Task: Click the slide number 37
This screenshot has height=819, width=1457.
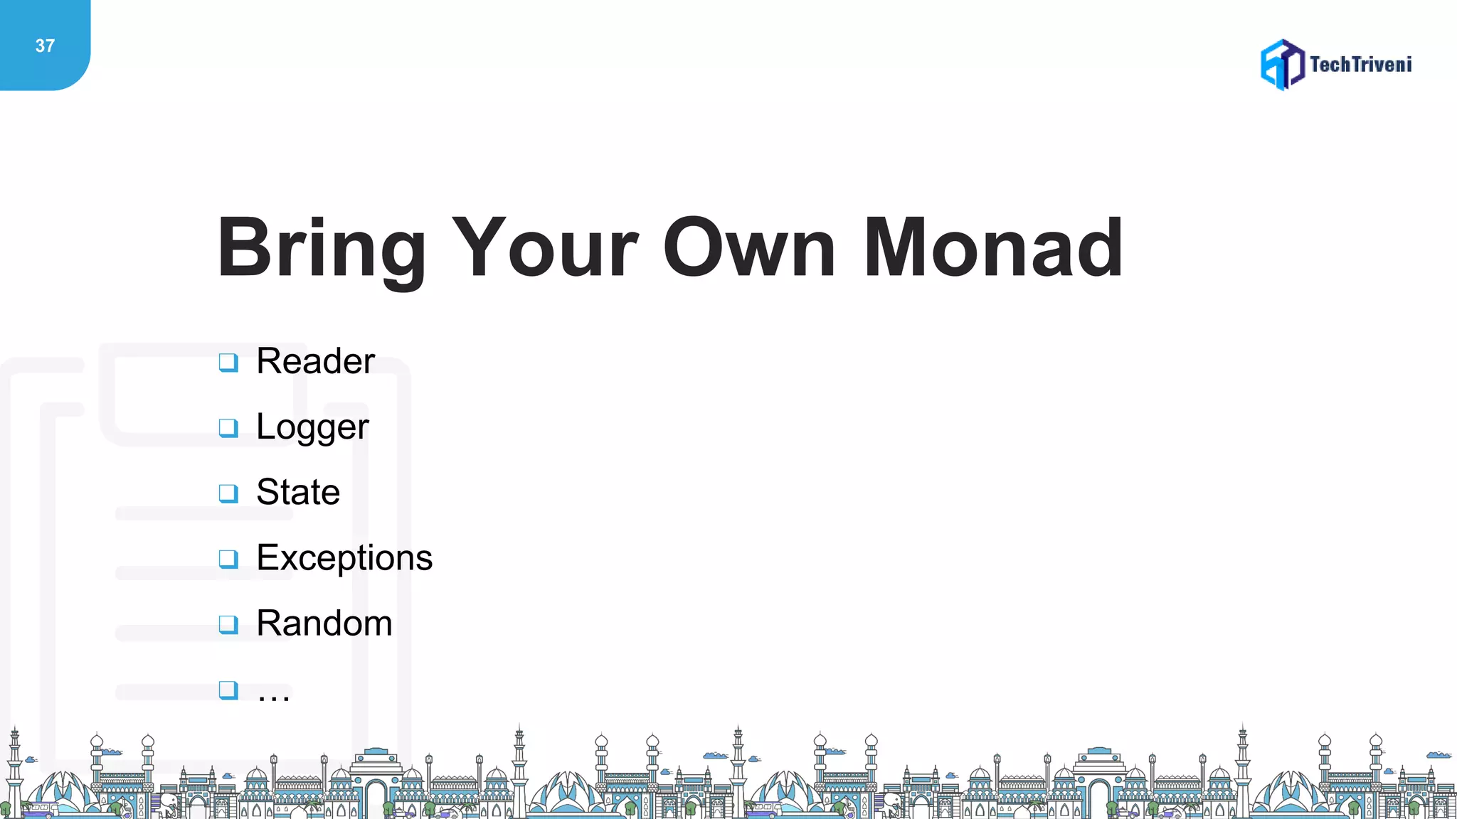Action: tap(45, 46)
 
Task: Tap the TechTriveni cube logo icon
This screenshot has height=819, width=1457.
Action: tap(1282, 65)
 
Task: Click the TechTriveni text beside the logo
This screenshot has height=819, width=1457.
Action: tap(1360, 65)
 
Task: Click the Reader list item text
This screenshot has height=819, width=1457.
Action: tap(315, 361)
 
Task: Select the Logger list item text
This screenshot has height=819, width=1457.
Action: tap(312, 427)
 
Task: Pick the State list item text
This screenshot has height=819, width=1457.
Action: tap(298, 492)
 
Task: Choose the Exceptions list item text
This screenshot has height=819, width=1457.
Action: tap(344, 558)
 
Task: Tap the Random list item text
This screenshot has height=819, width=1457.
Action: tap(324, 623)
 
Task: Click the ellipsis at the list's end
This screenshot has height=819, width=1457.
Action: tap(274, 695)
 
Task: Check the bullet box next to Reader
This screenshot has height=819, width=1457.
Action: tap(228, 363)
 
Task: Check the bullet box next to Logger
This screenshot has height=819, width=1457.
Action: tap(228, 428)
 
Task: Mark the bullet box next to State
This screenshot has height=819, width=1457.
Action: tap(228, 493)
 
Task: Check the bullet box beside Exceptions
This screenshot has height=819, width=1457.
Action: tap(228, 559)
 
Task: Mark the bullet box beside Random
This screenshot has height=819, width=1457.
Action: tap(228, 624)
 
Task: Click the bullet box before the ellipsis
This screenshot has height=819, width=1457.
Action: tap(228, 690)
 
